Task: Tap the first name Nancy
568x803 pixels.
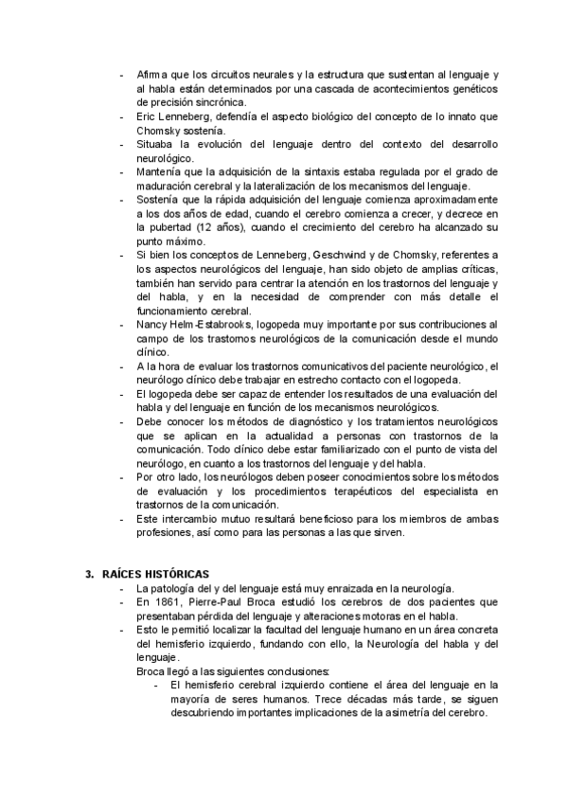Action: click(x=153, y=324)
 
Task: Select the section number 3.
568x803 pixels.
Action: click(x=89, y=574)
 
